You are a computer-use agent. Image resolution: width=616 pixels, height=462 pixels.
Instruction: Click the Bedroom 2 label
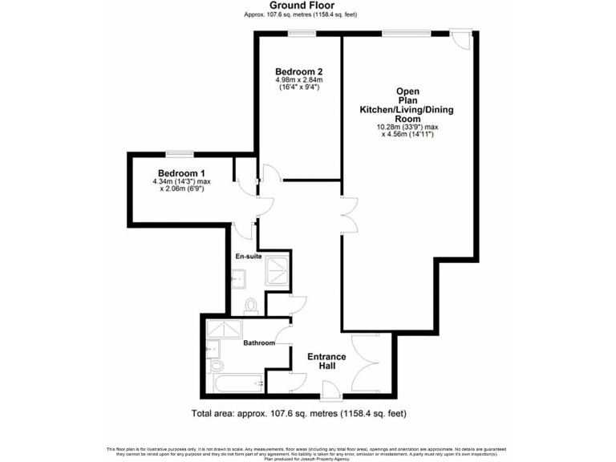(x=298, y=71)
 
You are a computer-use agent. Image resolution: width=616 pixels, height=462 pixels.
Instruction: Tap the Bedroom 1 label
(x=181, y=173)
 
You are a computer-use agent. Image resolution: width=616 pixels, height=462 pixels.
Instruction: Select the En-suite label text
(x=248, y=257)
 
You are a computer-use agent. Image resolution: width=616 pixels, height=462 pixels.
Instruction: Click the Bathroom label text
(x=259, y=343)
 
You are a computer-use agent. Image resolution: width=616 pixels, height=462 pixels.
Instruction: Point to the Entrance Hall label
(x=326, y=361)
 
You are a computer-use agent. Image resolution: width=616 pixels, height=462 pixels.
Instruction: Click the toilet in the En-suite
(x=251, y=304)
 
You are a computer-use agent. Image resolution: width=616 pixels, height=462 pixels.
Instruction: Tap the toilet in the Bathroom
(x=217, y=365)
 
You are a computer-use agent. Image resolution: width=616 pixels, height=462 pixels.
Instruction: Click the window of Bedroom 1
(x=180, y=153)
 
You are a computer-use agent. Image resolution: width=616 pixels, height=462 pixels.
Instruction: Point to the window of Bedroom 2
(x=302, y=33)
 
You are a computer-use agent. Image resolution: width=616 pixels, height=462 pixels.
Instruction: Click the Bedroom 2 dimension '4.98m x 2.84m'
(x=298, y=80)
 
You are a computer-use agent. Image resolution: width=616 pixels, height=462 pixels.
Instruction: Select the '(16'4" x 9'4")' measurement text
(x=298, y=87)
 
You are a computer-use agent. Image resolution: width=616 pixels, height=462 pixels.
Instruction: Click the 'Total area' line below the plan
(x=299, y=415)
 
